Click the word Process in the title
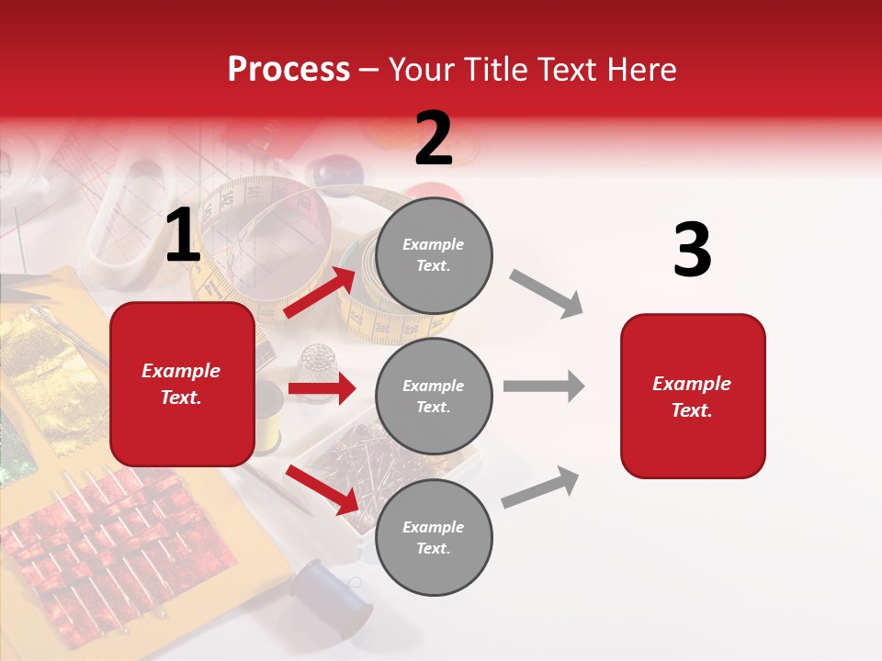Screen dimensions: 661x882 (x=288, y=69)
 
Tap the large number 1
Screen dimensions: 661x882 (x=183, y=236)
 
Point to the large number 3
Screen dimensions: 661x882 (x=692, y=250)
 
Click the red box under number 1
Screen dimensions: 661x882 (x=182, y=384)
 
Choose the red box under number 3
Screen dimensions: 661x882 (x=693, y=396)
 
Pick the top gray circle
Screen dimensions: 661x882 (x=434, y=255)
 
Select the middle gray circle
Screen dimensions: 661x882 (x=434, y=397)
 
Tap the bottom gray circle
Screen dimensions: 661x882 (x=434, y=538)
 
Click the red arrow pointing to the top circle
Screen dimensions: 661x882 (x=321, y=293)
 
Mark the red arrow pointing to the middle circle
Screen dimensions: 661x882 (x=322, y=388)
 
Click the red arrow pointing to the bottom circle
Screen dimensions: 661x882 (x=322, y=489)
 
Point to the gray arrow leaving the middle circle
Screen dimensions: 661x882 (x=543, y=386)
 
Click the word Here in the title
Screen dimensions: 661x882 (x=642, y=70)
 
